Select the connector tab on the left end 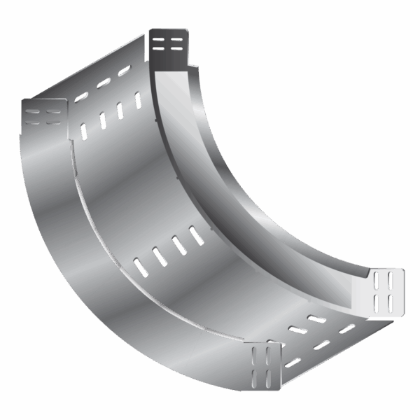(44, 115)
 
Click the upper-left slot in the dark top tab (160, 40)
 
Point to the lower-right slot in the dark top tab (178, 50)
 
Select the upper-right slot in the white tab (391, 281)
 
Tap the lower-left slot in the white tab (378, 302)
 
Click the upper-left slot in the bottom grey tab (257, 353)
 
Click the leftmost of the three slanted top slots (82, 96)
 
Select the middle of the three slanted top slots (104, 83)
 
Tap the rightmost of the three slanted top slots (125, 71)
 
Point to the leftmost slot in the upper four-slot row (84, 131)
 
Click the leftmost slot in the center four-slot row (141, 267)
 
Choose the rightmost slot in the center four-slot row (197, 235)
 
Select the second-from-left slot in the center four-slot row (160, 256)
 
